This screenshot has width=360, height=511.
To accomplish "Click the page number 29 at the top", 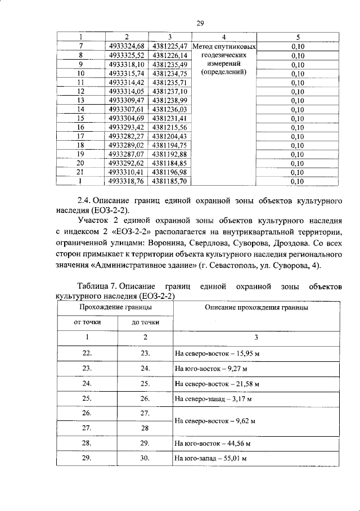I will pyautogui.click(x=199, y=23).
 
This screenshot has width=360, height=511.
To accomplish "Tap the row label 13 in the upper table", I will pyautogui.click(x=80, y=100).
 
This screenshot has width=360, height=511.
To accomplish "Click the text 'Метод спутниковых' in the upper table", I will pyautogui.click(x=224, y=47).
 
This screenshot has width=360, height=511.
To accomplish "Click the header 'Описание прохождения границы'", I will pyautogui.click(x=256, y=308).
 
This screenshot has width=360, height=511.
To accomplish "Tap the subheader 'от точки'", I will pyautogui.click(x=87, y=323).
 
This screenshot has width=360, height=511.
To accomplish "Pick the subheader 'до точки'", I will pyautogui.click(x=145, y=323).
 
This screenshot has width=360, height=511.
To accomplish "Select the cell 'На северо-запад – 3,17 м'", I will pyautogui.click(x=213, y=399).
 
